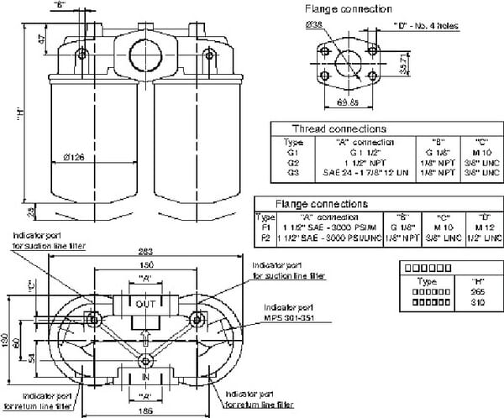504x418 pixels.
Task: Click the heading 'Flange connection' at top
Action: point(349,9)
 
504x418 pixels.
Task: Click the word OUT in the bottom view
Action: point(146,304)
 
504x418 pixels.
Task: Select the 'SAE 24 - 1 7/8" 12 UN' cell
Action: point(365,172)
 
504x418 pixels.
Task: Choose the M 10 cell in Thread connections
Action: point(481,153)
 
